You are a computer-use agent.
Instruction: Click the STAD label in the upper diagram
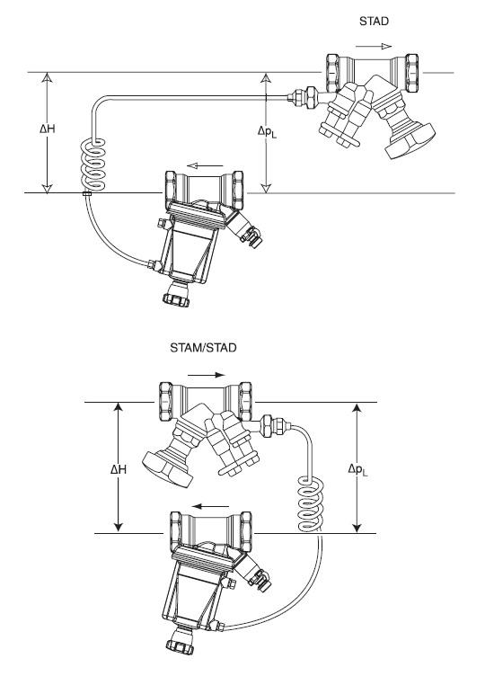[x=374, y=22]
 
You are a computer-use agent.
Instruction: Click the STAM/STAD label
[x=203, y=348]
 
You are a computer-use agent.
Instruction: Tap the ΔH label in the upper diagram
[x=48, y=129]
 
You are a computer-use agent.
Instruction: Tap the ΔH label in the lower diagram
[x=119, y=469]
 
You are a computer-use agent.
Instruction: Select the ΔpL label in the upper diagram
[x=267, y=131]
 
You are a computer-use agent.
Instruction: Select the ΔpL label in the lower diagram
[x=358, y=469]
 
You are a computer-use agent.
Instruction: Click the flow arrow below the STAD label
[x=374, y=47]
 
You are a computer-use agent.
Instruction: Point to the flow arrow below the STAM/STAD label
[x=207, y=375]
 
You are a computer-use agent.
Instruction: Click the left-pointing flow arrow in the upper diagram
[x=205, y=166]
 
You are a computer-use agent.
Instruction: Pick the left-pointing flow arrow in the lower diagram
[x=211, y=507]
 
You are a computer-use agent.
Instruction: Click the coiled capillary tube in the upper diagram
[x=93, y=165]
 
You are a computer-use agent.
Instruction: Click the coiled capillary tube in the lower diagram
[x=311, y=503]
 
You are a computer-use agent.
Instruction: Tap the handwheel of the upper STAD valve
[x=410, y=141]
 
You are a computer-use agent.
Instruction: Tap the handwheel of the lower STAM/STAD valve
[x=168, y=469]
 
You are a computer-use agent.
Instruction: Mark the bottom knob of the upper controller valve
[x=176, y=298]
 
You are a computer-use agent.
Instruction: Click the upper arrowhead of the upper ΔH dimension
[x=47, y=77]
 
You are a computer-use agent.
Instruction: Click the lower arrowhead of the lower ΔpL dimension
[x=357, y=527]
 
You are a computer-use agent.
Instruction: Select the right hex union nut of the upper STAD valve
[x=411, y=73]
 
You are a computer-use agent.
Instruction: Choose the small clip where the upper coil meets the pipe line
[x=87, y=193]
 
